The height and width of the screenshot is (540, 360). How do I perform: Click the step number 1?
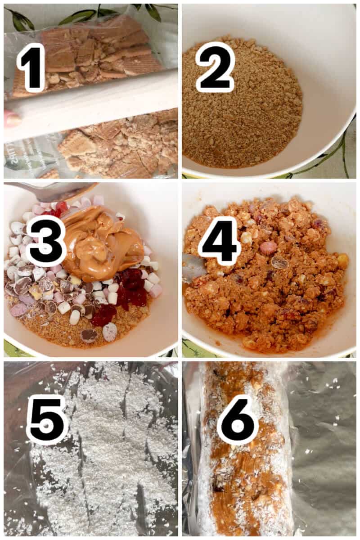click(x=31, y=67)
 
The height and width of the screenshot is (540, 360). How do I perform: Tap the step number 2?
click(x=215, y=67)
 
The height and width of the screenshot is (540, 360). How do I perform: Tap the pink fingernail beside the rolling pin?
click(x=11, y=120)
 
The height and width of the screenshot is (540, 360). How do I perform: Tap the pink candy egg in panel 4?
click(x=269, y=247)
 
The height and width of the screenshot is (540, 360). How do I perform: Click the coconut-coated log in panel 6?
click(x=243, y=472)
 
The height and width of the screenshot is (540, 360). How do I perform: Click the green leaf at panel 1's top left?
click(x=20, y=20)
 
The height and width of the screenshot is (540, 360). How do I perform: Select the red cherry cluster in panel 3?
click(x=130, y=288)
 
